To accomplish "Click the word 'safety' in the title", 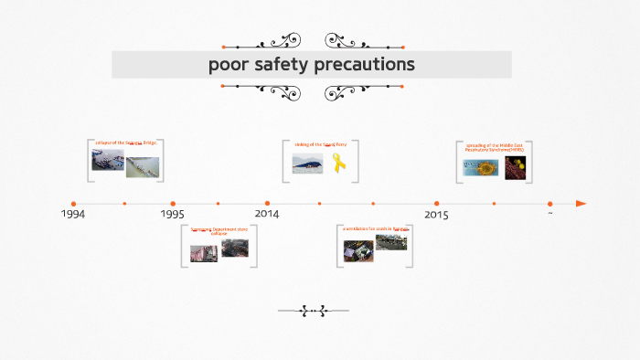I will [296, 64].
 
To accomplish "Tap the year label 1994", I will [73, 214].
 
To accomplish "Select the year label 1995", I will [172, 214].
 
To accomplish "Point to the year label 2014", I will [267, 214].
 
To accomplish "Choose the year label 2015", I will [436, 215].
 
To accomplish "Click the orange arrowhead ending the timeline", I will [581, 204].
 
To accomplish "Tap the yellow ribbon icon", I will [338, 164].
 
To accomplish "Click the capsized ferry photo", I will [307, 164].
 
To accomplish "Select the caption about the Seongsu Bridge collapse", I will [126, 143].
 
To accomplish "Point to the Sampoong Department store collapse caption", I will [219, 231].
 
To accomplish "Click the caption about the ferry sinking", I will [320, 144].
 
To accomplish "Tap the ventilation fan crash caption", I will [374, 228].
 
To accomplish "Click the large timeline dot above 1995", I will [173, 204].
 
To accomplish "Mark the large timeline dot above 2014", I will [267, 204].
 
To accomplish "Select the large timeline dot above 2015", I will [436, 204].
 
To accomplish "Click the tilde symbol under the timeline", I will [549, 214].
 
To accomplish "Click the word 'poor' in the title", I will [228, 64].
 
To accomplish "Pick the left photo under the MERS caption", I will [478, 167].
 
